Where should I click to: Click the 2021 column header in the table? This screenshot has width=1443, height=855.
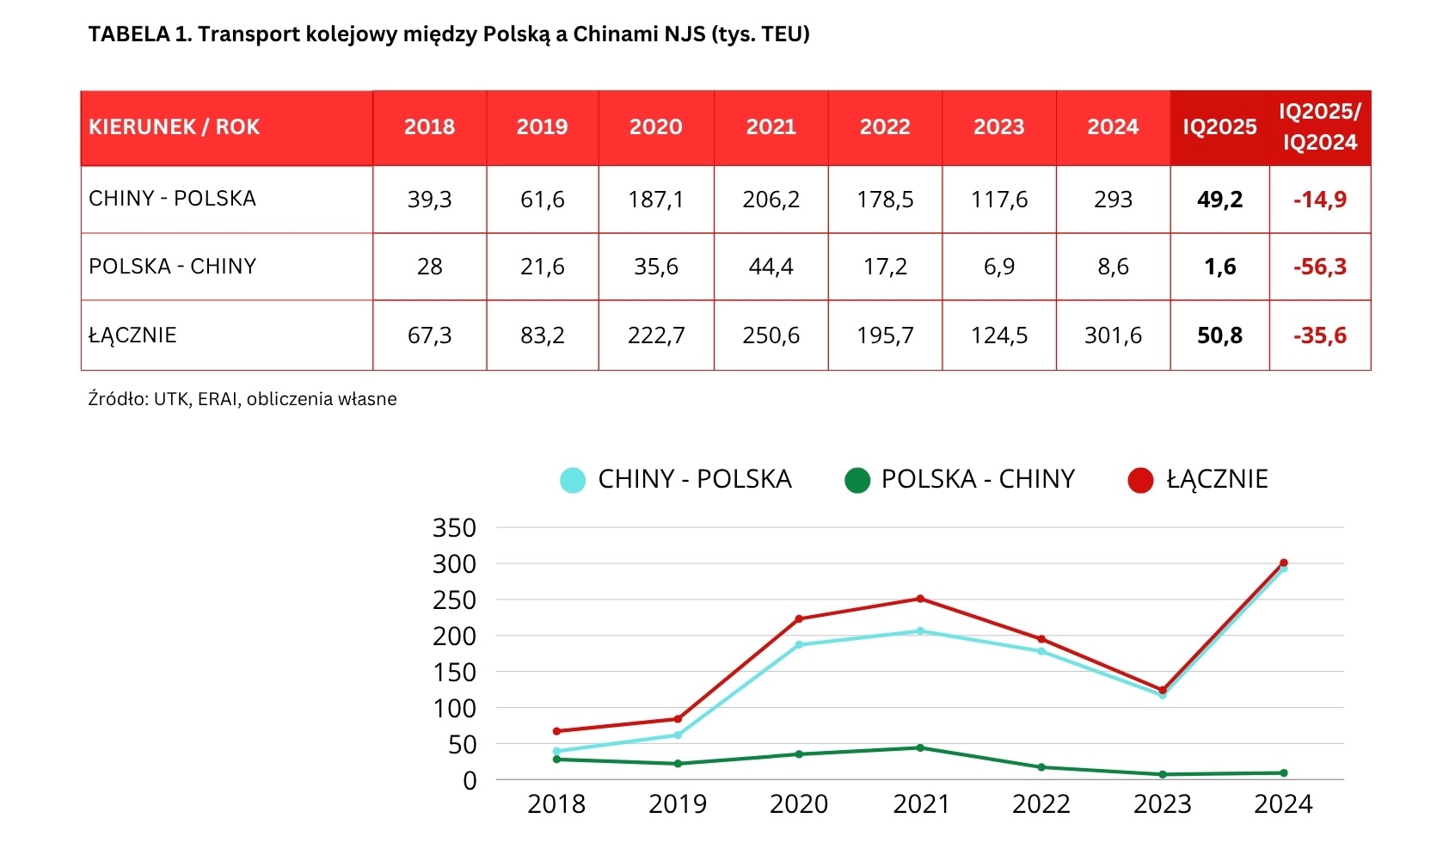(x=771, y=127)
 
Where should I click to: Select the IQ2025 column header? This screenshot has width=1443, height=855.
(x=1219, y=127)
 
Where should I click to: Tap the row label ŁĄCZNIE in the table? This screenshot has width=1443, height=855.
(x=132, y=335)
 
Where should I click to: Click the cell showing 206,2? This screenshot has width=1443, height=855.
(x=771, y=200)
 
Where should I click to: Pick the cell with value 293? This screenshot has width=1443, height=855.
(x=1113, y=200)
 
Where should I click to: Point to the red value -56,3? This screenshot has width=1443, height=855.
(x=1320, y=267)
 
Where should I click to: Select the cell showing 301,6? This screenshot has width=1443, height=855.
(x=1113, y=335)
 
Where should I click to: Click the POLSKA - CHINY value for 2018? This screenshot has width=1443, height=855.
(x=429, y=267)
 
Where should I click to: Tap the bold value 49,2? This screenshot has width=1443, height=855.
(x=1219, y=200)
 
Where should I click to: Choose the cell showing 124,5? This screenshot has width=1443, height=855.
(x=998, y=335)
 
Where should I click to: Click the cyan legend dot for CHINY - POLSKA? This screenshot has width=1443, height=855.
(x=573, y=480)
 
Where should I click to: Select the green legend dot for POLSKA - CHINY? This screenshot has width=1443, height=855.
(x=857, y=480)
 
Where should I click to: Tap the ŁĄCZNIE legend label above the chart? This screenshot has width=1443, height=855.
(x=1217, y=479)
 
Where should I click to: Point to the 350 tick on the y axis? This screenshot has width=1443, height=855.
(x=454, y=527)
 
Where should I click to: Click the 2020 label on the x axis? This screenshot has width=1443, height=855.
(x=799, y=804)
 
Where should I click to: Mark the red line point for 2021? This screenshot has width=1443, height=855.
(x=920, y=599)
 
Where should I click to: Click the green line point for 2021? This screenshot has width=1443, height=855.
(x=920, y=747)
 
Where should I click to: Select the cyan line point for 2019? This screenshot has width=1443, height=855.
(x=678, y=735)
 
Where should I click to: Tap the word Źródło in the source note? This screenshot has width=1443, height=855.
(x=118, y=399)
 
